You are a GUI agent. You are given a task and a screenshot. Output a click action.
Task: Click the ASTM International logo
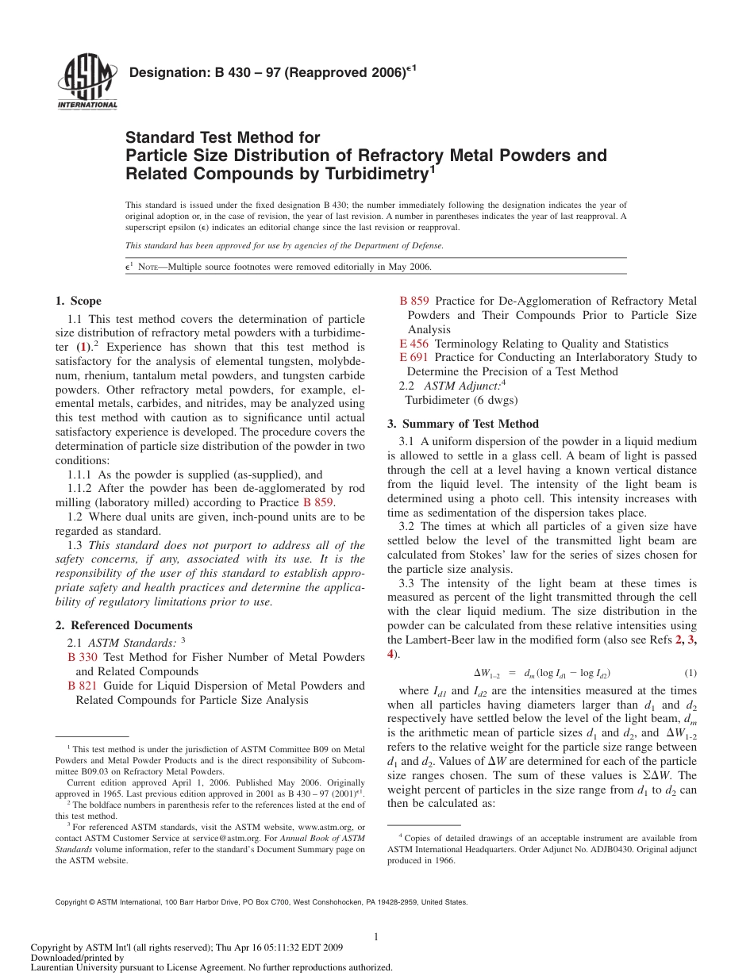pyautogui.click(x=87, y=83)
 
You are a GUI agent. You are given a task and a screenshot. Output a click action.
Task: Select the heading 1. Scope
pyautogui.click(x=78, y=301)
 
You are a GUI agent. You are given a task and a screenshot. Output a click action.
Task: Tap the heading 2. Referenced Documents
pyautogui.click(x=124, y=625)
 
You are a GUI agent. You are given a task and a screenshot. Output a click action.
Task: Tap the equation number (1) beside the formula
pyautogui.click(x=690, y=673)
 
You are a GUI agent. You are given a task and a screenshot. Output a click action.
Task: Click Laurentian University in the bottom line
pyautogui.click(x=74, y=967)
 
